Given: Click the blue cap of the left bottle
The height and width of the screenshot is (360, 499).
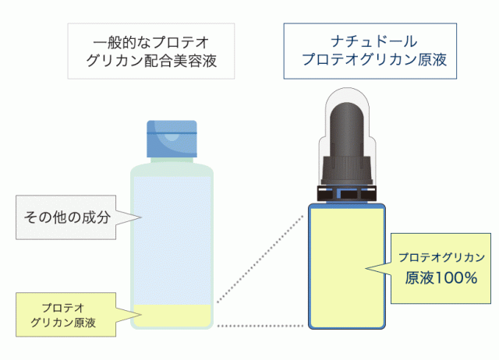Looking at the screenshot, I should [172, 140].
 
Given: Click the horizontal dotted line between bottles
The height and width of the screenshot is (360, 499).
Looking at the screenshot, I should [257, 323].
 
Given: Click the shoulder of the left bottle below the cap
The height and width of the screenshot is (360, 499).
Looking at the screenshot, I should [172, 168].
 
